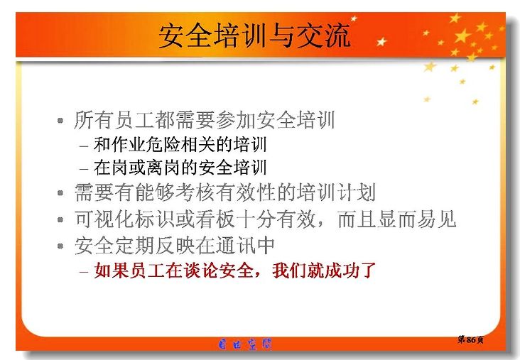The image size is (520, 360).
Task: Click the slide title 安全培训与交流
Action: [254, 36]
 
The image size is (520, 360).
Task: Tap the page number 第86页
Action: [470, 339]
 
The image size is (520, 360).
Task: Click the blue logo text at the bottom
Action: [245, 344]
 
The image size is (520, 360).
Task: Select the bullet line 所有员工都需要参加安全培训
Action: [205, 120]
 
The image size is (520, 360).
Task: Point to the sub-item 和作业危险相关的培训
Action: [180, 145]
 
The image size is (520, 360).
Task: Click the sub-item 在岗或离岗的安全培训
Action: [180, 168]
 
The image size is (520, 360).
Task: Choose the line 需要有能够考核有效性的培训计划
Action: [225, 192]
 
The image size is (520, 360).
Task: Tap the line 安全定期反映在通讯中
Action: [175, 245]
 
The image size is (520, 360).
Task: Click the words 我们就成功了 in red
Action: [324, 270]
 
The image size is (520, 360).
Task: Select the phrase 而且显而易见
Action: [396, 219]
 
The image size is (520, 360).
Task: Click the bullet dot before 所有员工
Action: [60, 120]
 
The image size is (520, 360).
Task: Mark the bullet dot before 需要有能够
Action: [60, 192]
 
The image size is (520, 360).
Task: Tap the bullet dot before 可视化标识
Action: [60, 219]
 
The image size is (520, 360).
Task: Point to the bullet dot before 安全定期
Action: [60, 246]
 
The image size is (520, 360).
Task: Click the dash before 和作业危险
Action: [84, 146]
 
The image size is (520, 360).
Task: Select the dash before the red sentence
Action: [84, 271]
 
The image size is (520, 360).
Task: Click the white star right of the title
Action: [381, 41]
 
